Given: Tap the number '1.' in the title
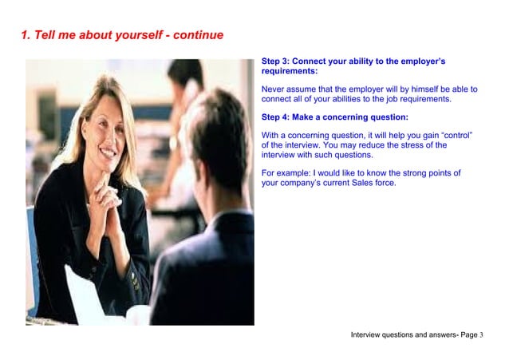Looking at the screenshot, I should pyautogui.click(x=26, y=35).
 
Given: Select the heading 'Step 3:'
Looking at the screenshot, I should pyautogui.click(x=277, y=61).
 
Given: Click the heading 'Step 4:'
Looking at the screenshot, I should pyautogui.click(x=277, y=117).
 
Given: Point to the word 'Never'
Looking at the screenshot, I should pyautogui.click(x=274, y=89).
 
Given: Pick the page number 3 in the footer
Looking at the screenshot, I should pyautogui.click(x=482, y=334).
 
